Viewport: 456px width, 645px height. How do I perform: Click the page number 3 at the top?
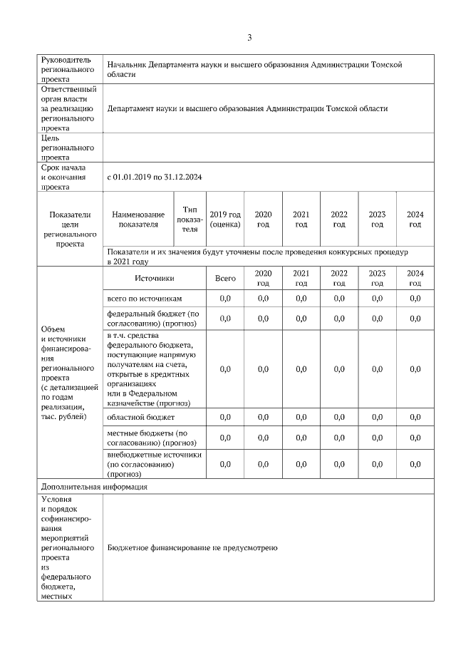point(249,37)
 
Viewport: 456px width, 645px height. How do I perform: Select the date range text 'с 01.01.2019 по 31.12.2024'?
point(155,177)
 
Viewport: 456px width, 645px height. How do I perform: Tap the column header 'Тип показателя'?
point(190,220)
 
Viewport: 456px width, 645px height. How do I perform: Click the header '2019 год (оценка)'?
point(225,220)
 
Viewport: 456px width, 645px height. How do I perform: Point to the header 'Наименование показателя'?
point(138,220)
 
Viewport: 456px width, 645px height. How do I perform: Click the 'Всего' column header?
point(225,279)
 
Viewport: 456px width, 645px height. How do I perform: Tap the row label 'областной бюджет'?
point(140,417)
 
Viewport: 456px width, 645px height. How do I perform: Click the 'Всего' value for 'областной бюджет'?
point(225,417)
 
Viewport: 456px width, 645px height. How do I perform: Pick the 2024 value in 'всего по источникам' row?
point(415,299)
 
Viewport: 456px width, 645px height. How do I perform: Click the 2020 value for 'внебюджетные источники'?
point(263,464)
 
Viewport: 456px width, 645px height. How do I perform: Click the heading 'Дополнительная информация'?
point(93,487)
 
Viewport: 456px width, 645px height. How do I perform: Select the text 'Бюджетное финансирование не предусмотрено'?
point(192,548)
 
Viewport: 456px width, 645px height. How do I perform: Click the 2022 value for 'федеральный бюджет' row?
point(339,319)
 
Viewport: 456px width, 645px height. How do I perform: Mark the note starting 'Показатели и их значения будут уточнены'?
point(259,257)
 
